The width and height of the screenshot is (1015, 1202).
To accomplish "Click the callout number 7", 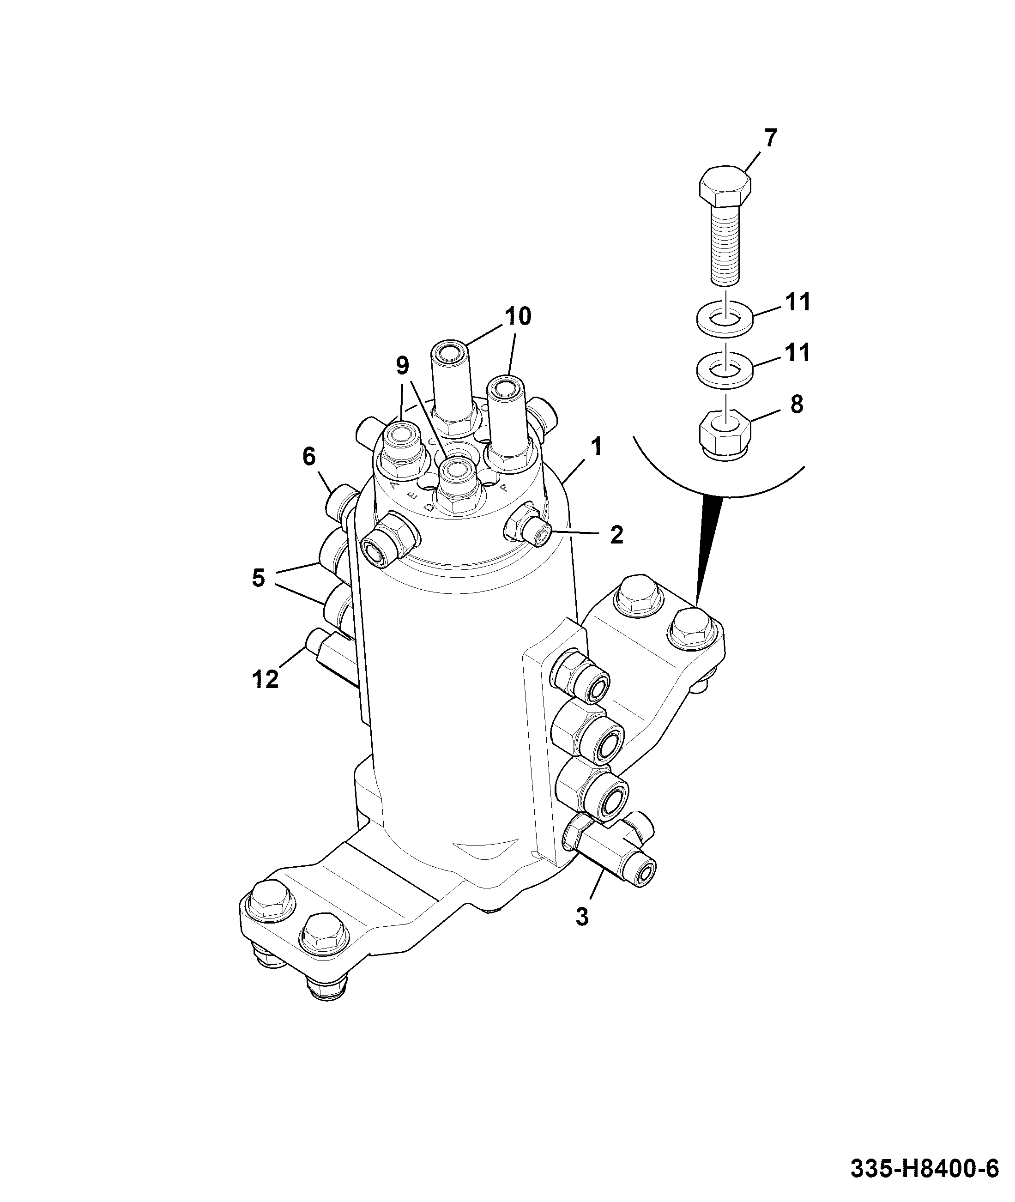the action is (770, 138).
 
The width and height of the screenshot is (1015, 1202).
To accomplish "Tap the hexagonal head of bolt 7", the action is (725, 187).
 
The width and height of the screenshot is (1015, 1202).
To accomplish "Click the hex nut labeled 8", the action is (725, 435).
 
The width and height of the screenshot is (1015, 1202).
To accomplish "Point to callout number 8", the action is (797, 405).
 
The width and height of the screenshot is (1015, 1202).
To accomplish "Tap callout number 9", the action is (402, 365).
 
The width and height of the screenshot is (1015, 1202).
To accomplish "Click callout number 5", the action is (258, 578).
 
